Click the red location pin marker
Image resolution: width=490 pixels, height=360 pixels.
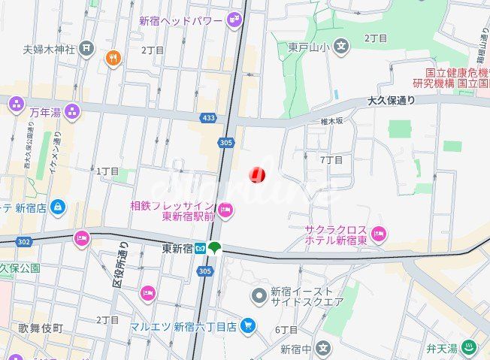click(257, 174)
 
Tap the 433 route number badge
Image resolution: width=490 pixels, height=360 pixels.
click(210, 119)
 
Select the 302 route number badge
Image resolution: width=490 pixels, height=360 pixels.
click(22, 241)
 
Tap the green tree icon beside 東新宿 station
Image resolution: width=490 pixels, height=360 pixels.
click(215, 247)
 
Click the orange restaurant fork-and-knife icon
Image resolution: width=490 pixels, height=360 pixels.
click(113, 57)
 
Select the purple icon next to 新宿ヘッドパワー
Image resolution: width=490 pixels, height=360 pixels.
click(234, 21)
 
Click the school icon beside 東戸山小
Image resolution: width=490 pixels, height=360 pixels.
click(342, 47)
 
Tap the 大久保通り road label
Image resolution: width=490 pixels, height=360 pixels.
click(392, 99)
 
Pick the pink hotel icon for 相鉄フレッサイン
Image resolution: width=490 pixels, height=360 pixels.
click(225, 209)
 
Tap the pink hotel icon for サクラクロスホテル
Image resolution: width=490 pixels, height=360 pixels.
click(379, 234)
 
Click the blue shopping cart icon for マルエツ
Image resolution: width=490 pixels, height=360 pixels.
click(249, 325)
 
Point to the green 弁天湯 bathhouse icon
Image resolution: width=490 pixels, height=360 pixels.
click(469, 347)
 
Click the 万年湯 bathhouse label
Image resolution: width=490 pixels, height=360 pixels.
click(45, 112)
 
